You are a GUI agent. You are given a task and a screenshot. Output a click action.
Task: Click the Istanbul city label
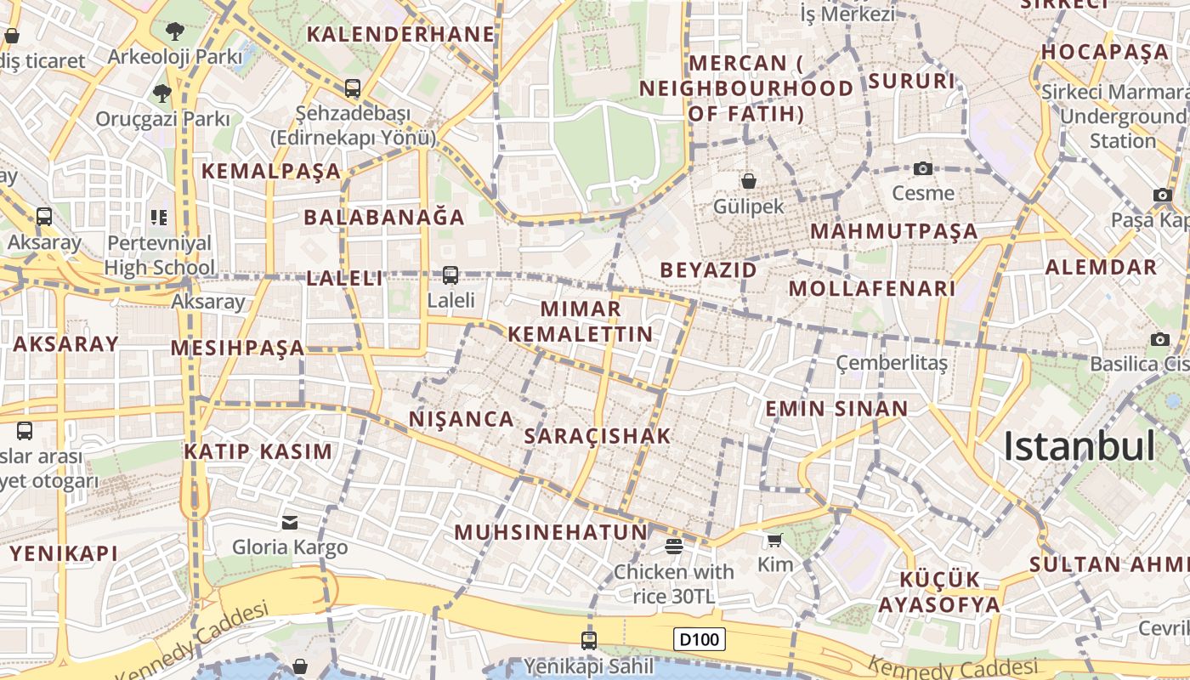coord(1079,446)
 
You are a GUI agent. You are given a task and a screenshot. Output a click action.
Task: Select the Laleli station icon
coord(450,275)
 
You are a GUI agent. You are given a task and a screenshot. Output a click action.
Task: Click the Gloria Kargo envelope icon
coord(290,522)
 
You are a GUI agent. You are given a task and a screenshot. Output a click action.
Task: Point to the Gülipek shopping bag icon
coord(749,180)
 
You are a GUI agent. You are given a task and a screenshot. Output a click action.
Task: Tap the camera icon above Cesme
coord(923,168)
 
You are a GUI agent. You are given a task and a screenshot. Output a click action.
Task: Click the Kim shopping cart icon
coord(774,540)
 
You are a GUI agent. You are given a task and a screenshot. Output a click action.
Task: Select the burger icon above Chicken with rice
coord(674,545)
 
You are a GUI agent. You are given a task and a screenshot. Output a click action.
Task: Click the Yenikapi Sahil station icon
coord(588,640)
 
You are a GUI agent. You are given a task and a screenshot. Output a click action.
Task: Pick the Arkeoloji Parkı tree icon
coord(175,31)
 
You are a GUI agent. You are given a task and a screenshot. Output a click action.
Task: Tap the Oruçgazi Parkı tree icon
coord(162,93)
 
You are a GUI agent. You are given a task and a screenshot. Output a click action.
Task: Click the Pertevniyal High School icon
coord(159,218)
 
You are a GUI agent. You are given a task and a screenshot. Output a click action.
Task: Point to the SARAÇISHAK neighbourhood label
coord(598,436)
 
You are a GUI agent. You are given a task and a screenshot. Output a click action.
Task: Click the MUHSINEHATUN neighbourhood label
coord(552,533)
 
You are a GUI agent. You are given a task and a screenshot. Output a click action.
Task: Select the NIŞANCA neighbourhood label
coord(462,419)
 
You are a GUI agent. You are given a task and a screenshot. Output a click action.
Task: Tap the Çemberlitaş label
coord(892,364)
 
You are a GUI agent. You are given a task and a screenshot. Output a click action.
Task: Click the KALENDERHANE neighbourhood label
coord(400,35)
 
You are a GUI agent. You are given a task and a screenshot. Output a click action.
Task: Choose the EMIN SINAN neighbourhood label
coord(837,409)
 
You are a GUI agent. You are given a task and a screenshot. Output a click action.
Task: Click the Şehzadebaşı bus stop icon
coord(352,88)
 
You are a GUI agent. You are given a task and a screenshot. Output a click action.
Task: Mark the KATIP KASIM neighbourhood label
coord(258,451)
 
